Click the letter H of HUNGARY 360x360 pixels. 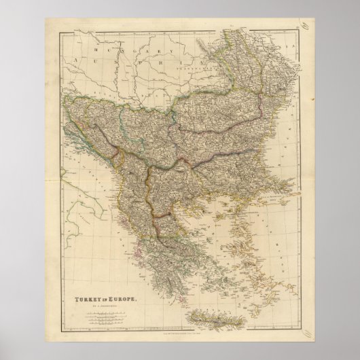(96, 48)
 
